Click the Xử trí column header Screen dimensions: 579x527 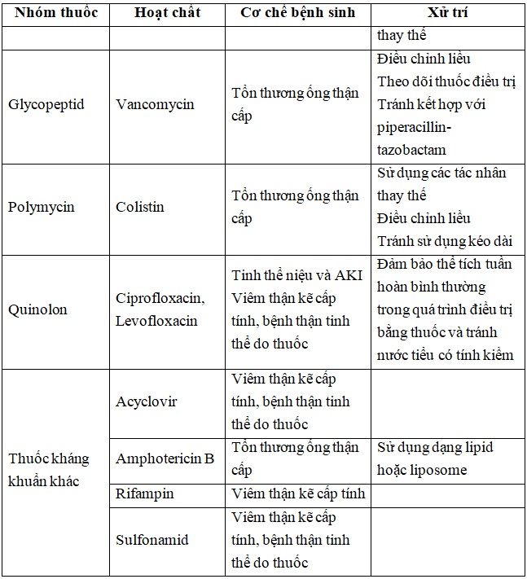[449, 14]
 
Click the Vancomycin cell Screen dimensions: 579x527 [155, 105]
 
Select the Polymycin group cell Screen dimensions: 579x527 [41, 207]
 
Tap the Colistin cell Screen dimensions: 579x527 [139, 207]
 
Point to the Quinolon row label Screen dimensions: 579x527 [37, 309]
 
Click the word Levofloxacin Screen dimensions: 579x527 [156, 321]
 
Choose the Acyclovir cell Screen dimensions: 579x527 [146, 402]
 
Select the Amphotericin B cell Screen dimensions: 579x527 [165, 458]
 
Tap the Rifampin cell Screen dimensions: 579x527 [144, 493]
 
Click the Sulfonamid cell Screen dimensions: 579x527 [152, 540]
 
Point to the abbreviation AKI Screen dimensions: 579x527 [347, 274]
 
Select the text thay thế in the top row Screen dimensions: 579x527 [402, 36]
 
